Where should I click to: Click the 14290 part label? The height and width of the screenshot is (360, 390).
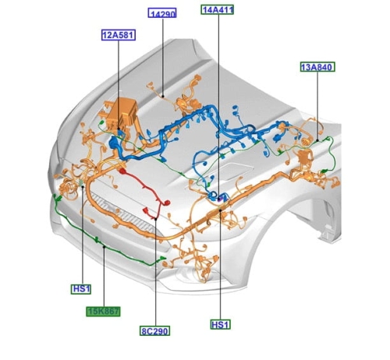click(x=162, y=13)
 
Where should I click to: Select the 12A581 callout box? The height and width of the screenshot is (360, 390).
click(x=119, y=35)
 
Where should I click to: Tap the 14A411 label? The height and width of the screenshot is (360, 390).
click(x=218, y=9)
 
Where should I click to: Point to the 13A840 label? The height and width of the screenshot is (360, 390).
click(x=317, y=67)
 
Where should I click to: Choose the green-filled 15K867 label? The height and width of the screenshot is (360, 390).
click(x=103, y=312)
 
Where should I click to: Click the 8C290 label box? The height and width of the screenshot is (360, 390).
click(x=154, y=331)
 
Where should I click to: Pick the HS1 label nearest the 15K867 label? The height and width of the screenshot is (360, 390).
click(x=81, y=289)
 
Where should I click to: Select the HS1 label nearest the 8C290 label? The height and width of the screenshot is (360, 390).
click(x=220, y=324)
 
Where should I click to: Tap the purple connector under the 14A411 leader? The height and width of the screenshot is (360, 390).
click(x=219, y=199)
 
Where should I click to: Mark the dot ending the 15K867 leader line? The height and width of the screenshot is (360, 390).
click(x=104, y=246)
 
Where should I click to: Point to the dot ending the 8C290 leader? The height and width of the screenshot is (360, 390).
click(x=155, y=219)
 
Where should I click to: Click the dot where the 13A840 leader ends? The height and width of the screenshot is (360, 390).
click(x=317, y=140)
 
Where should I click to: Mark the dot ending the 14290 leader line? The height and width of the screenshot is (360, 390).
click(x=163, y=97)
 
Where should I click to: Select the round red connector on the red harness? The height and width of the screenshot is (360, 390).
click(x=167, y=203)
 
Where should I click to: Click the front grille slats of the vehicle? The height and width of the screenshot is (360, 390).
click(x=122, y=213)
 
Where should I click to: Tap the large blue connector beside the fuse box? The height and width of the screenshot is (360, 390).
click(x=114, y=143)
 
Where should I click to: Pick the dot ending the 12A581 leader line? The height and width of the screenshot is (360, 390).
click(x=119, y=129)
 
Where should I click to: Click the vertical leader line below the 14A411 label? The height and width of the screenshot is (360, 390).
click(x=218, y=107)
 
